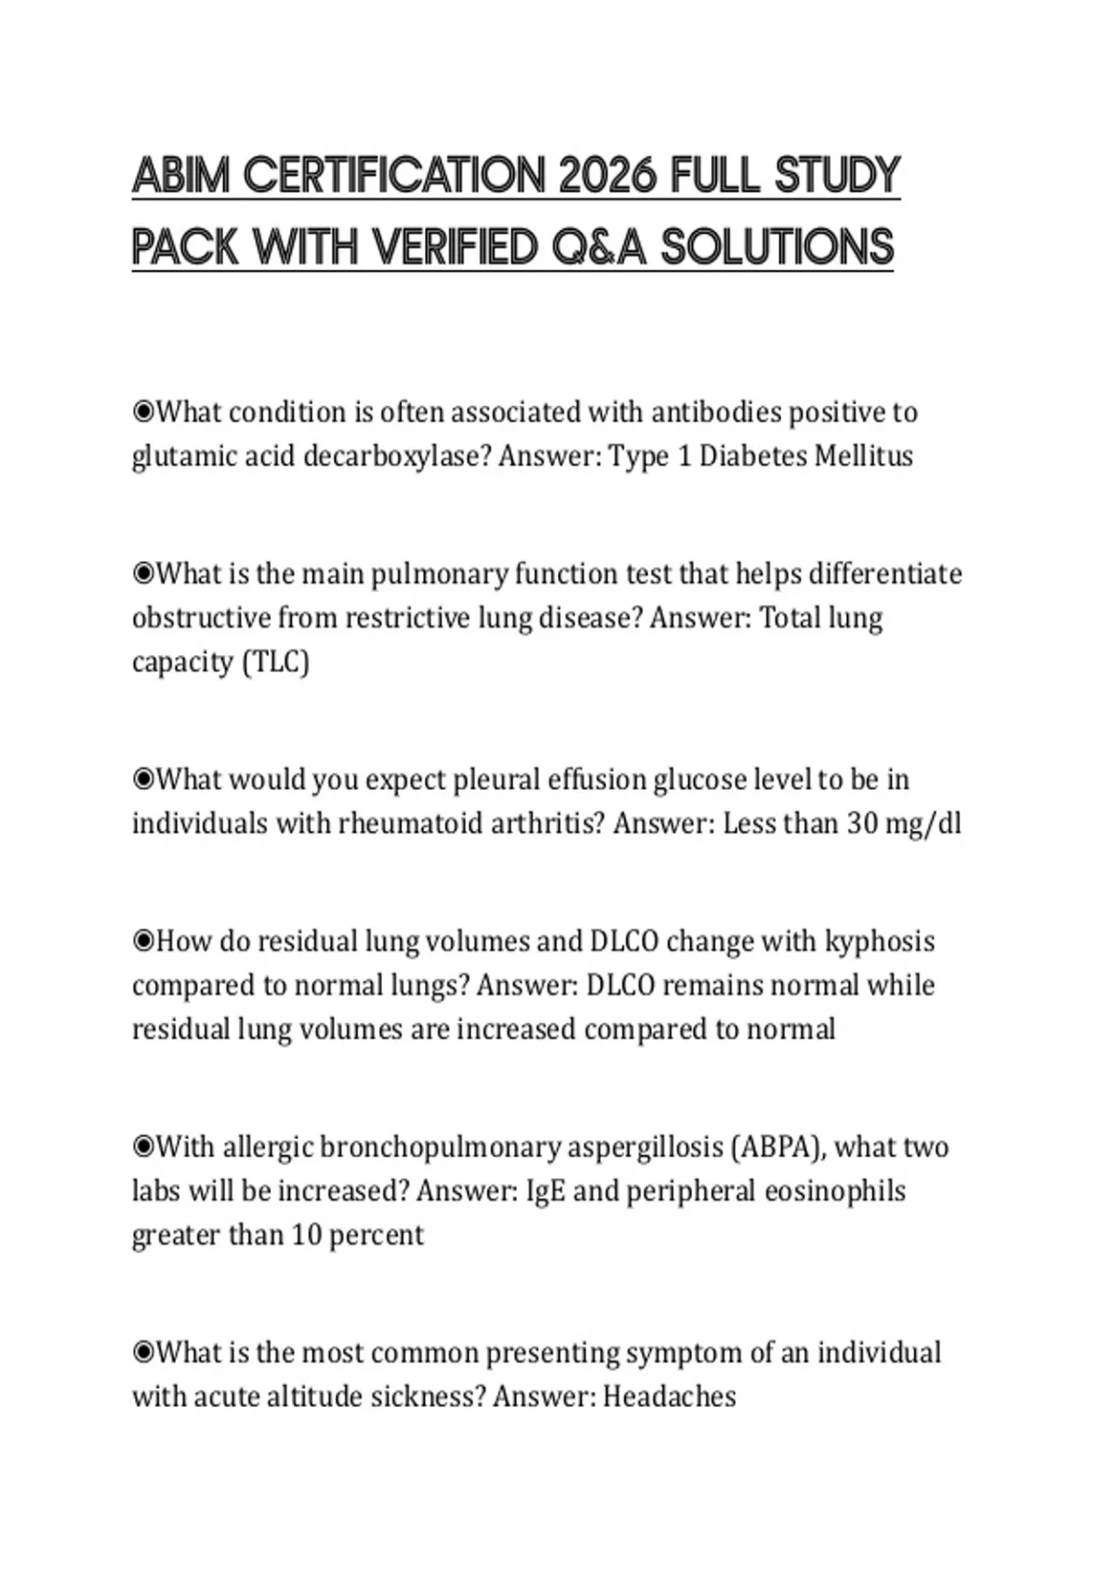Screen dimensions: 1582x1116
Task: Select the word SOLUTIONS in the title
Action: click(x=777, y=248)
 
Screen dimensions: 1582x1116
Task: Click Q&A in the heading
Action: click(x=597, y=248)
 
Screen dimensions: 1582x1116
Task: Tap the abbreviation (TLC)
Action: click(x=275, y=662)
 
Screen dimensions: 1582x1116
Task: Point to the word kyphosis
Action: click(x=880, y=942)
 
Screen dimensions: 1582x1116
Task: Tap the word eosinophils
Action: click(x=835, y=1191)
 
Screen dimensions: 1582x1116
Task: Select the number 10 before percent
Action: click(x=306, y=1235)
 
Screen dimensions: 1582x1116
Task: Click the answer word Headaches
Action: click(x=670, y=1397)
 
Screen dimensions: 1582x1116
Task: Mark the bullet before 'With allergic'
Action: click(x=142, y=1146)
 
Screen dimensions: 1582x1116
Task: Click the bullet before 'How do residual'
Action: click(x=142, y=941)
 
